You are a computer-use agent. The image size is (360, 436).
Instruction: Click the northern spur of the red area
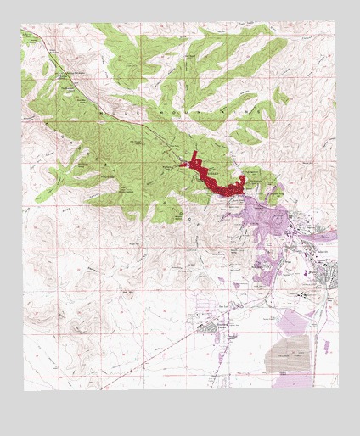(x=196, y=158)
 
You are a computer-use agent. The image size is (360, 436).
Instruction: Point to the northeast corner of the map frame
(x=336, y=23)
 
